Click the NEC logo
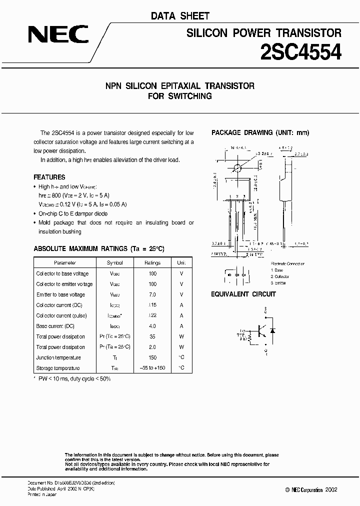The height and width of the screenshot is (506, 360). (x=58, y=34)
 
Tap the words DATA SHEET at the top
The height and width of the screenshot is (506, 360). (x=180, y=16)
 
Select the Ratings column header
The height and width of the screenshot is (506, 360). (x=152, y=262)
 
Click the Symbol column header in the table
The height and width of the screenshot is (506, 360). (x=114, y=262)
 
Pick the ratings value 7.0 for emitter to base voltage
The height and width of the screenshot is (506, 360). (x=152, y=294)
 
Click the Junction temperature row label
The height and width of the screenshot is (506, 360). (x=58, y=357)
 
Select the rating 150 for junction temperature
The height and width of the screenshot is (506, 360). (x=152, y=357)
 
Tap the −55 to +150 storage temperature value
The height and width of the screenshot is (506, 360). (x=152, y=368)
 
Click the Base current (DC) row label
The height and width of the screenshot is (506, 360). (x=55, y=326)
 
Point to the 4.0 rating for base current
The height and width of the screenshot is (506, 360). (x=152, y=326)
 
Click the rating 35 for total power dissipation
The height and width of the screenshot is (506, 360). (x=152, y=336)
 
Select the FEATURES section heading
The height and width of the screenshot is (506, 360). (x=49, y=177)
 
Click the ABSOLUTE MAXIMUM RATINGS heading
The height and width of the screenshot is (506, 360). (x=99, y=248)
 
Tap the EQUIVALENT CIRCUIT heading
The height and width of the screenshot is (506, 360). (x=243, y=294)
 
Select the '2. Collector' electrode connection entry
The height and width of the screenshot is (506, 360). (x=280, y=276)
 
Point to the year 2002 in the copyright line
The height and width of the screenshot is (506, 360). (x=330, y=489)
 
